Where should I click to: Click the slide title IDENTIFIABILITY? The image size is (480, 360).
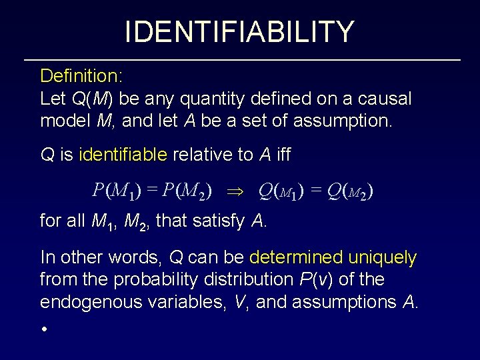[239, 31]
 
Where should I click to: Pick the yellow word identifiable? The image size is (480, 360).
[123, 155]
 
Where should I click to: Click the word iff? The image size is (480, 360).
[282, 155]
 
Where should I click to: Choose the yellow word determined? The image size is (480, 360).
[294, 257]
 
